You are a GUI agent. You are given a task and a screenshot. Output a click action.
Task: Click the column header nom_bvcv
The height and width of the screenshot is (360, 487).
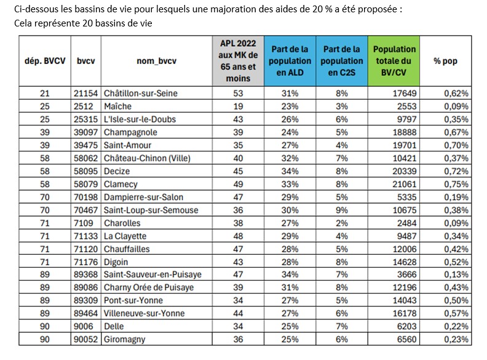[x=154, y=62]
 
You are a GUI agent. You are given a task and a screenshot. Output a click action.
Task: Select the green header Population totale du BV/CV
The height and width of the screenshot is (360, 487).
[x=395, y=62]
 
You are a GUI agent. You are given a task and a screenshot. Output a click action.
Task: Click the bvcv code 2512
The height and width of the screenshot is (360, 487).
[x=84, y=106]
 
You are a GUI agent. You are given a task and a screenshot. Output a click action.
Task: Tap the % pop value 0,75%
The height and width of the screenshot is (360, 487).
[x=456, y=184]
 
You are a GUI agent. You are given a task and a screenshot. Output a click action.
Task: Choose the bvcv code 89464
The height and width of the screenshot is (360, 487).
[x=87, y=313]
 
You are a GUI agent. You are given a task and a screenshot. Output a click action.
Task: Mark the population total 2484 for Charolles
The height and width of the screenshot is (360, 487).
[x=406, y=223]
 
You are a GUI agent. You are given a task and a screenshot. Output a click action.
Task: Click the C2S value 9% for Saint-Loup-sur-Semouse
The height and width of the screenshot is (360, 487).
[x=342, y=210]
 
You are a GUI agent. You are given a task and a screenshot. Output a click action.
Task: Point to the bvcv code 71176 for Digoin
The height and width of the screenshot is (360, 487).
[x=87, y=262]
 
